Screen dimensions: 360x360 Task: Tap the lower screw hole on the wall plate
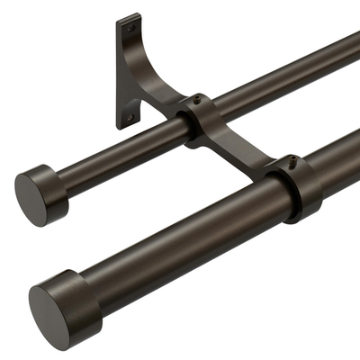coord(130,116)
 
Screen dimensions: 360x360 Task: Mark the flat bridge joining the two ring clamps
coord(247,153)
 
